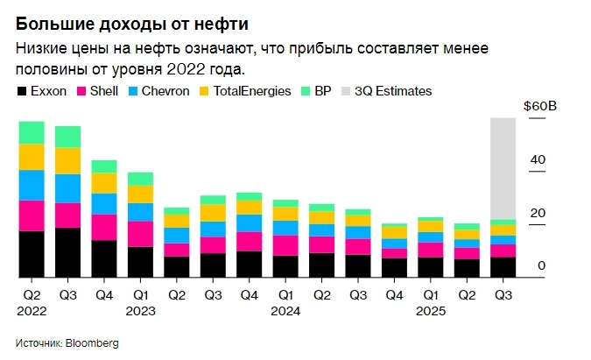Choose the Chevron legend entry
click(x=158, y=91)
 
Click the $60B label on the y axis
click(x=539, y=106)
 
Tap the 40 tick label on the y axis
click(x=538, y=159)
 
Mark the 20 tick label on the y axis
click(x=538, y=213)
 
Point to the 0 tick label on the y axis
click(x=542, y=266)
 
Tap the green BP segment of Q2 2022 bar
click(x=32, y=132)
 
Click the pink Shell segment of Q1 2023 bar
click(x=140, y=234)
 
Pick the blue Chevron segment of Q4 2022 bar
click(x=104, y=204)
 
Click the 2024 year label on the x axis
click(x=285, y=311)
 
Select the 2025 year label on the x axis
click(x=430, y=311)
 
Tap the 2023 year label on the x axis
click(x=140, y=311)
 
